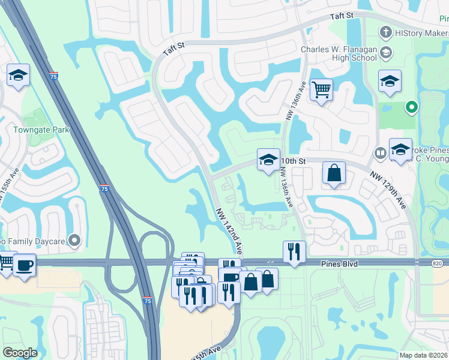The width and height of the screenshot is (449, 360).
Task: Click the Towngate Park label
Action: tap(42, 130)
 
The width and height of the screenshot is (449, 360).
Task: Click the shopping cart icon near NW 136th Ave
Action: tap(322, 90)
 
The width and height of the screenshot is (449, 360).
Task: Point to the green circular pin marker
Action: tap(411, 107)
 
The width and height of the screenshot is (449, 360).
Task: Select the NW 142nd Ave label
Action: tap(230, 231)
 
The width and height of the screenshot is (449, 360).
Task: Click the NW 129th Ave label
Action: tap(388, 190)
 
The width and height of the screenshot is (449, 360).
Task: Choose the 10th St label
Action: tap(294, 161)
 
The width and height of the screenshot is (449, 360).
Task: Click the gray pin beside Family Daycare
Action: tap(74, 241)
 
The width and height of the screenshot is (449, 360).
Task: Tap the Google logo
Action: tap(20, 353)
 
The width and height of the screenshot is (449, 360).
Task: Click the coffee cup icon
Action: tap(24, 265)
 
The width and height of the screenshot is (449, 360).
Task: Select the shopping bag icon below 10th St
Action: tap(334, 173)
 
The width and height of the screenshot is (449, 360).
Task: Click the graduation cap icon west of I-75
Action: tap(18, 76)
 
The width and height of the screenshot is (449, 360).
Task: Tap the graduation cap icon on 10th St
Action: tap(268, 160)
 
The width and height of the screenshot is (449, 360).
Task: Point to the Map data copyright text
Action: tap(424, 355)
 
